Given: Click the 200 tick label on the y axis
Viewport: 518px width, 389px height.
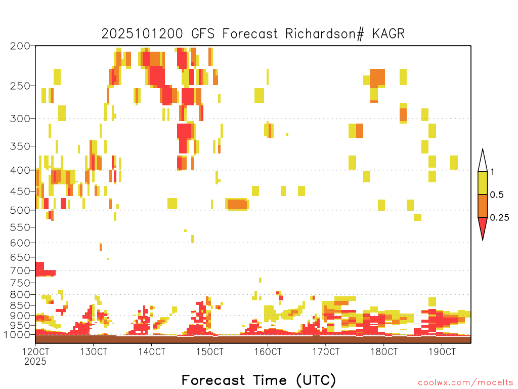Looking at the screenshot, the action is pos(20,46).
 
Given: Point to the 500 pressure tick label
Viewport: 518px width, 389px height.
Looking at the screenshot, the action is pos(20,210).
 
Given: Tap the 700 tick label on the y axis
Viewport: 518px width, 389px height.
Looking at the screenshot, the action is pos(20,270).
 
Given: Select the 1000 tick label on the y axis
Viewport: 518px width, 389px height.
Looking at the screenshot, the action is pos(17,335).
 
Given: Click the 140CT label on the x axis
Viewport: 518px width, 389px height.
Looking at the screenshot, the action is pos(152,352).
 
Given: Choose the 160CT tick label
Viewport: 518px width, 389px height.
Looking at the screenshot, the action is pos(268,352).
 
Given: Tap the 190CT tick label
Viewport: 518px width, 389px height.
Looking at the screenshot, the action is pos(442,352).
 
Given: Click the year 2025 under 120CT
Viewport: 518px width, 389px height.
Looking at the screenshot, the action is pos(35,362).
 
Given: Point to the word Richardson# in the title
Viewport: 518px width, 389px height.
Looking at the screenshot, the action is pos(325,34).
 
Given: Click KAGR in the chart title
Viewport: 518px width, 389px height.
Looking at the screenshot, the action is pos(388,34).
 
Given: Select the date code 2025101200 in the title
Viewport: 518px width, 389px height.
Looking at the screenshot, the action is pos(142,34).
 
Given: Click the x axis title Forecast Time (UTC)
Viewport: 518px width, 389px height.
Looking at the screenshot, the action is pos(258,380).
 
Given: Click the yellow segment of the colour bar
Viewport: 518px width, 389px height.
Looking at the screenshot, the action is pos(483,183).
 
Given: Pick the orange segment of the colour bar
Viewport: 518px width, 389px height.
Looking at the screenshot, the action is pos(483,206).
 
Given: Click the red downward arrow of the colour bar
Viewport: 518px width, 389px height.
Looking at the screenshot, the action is pos(483,226).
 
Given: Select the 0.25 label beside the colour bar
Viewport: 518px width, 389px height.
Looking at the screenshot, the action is pos(499,218).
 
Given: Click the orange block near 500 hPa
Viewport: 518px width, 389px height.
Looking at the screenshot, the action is pos(237,205).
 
